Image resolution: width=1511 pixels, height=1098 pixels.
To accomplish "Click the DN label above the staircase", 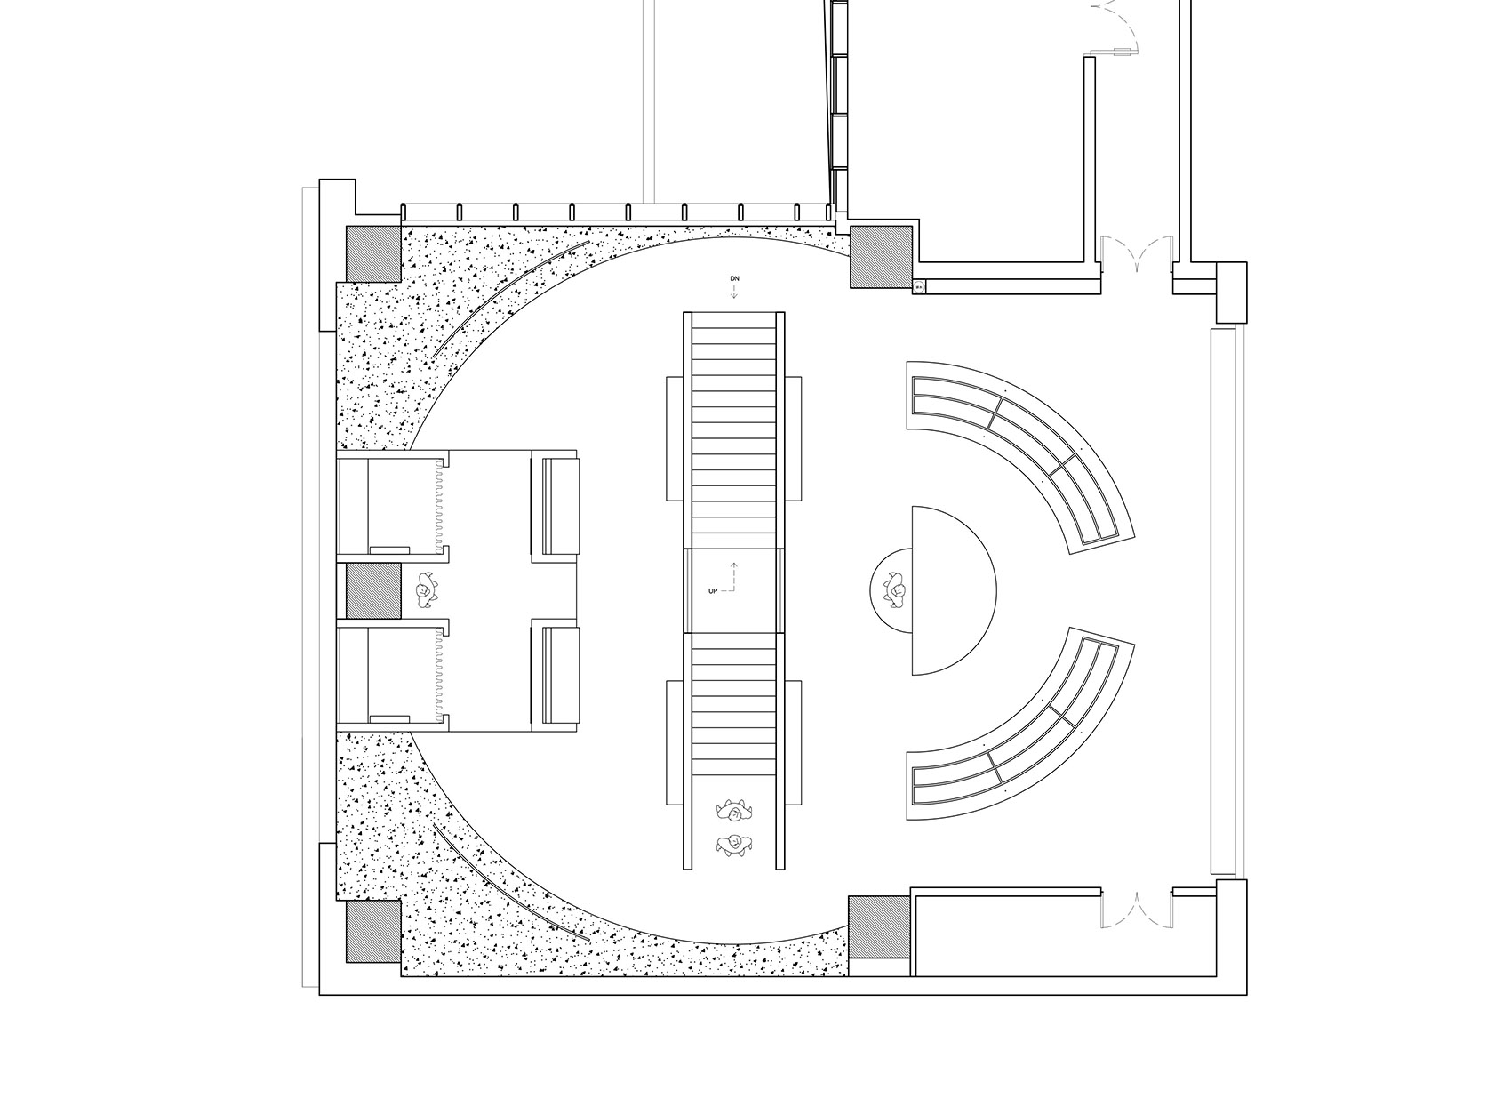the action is [734, 278].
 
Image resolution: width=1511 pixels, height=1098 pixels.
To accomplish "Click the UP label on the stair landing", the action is [712, 591].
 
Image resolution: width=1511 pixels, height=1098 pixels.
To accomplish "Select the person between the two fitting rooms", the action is [425, 590].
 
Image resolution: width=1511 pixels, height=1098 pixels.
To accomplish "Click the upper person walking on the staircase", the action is [734, 810].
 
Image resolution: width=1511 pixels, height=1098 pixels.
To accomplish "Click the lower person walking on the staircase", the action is [734, 844].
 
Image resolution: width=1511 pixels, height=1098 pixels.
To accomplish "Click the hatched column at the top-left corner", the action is [373, 253].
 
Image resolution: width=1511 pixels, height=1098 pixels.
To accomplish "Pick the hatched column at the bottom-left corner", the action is [373, 932].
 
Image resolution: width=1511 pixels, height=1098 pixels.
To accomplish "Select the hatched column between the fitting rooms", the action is [373, 591].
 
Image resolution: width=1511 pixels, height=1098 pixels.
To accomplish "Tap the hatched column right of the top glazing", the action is [880, 257].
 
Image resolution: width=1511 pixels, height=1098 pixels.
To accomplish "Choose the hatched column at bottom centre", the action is [879, 926].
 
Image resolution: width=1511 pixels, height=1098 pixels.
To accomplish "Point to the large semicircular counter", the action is [955, 590].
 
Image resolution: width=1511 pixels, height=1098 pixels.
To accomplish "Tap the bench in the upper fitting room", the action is [556, 506].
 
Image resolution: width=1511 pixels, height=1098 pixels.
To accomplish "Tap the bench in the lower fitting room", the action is [556, 675].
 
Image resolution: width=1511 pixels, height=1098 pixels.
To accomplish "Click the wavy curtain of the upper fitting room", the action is [440, 506].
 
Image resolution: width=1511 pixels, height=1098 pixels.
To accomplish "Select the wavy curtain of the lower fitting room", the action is [440, 675].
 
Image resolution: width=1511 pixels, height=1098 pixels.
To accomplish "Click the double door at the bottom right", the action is [1137, 909].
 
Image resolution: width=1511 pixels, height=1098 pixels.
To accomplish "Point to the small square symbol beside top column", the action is [919, 287].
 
